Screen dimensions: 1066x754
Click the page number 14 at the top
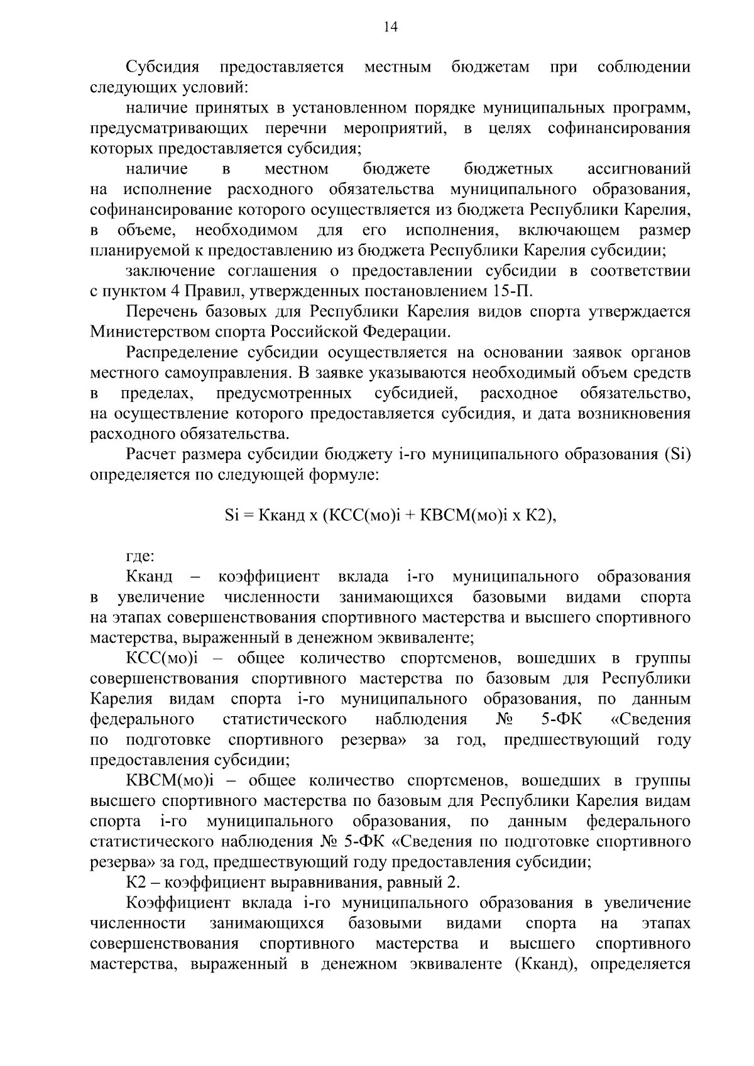tap(390, 26)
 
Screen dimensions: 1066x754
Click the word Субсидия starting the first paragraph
tap(163, 67)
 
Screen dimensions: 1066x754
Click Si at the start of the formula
tap(231, 516)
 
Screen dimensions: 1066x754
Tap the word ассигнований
tap(639, 169)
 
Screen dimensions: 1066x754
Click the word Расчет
tap(150, 455)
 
